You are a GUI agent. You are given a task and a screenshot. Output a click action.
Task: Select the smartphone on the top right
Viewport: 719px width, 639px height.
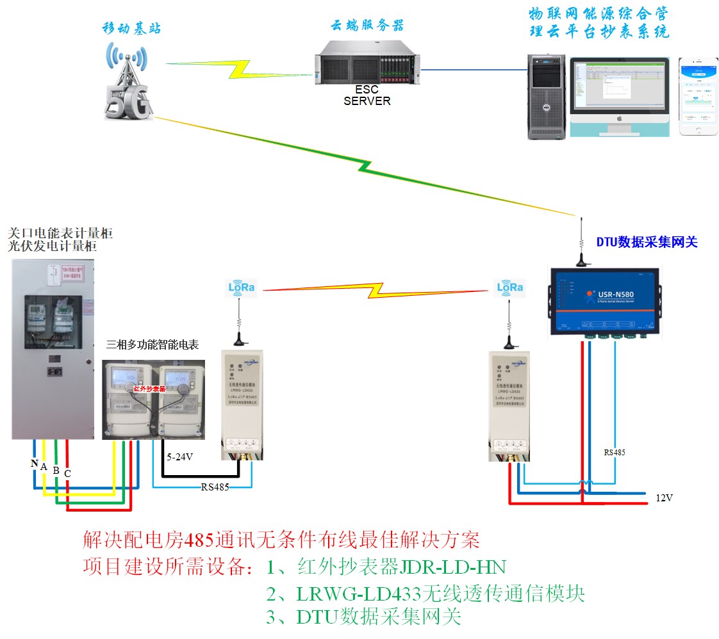click(698, 97)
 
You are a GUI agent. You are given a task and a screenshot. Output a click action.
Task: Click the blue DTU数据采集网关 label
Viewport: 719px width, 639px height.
click(647, 242)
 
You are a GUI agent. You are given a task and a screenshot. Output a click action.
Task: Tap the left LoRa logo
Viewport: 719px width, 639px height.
click(242, 288)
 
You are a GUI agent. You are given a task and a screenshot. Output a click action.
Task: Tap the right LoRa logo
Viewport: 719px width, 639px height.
click(511, 288)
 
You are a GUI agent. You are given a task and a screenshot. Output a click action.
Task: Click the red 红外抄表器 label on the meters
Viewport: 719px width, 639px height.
click(149, 389)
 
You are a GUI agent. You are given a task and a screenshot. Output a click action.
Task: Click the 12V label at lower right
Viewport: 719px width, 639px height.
click(665, 497)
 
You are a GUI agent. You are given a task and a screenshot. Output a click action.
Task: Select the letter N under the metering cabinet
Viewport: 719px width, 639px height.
click(34, 463)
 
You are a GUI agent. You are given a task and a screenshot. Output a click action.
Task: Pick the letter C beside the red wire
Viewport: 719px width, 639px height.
click(67, 473)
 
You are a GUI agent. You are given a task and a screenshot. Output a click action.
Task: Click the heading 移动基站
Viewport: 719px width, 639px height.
click(131, 28)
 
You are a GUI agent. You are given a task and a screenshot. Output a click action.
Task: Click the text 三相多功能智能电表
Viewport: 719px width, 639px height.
click(153, 345)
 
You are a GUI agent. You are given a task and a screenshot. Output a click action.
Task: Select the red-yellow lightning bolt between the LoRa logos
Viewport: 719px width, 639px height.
click(376, 291)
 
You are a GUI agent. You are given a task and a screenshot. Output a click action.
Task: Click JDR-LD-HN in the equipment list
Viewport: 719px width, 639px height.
click(453, 567)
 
